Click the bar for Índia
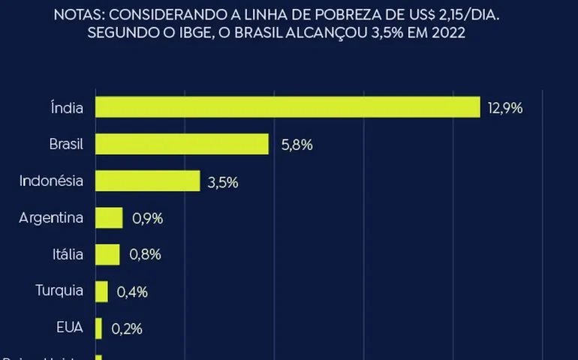point(287,107)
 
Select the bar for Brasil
point(182,144)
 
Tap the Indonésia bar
point(147,181)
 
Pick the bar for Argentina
point(109,218)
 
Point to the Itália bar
point(107,254)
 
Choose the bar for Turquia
point(101,291)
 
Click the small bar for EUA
point(98,328)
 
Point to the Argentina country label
point(52,218)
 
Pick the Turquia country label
point(60,291)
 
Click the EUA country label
point(71,328)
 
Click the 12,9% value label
point(504,107)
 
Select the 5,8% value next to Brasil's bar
point(297,144)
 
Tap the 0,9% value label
point(147,218)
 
